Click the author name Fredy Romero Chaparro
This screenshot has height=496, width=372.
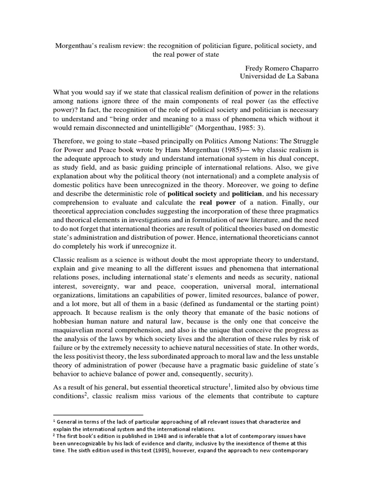point(279,68)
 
